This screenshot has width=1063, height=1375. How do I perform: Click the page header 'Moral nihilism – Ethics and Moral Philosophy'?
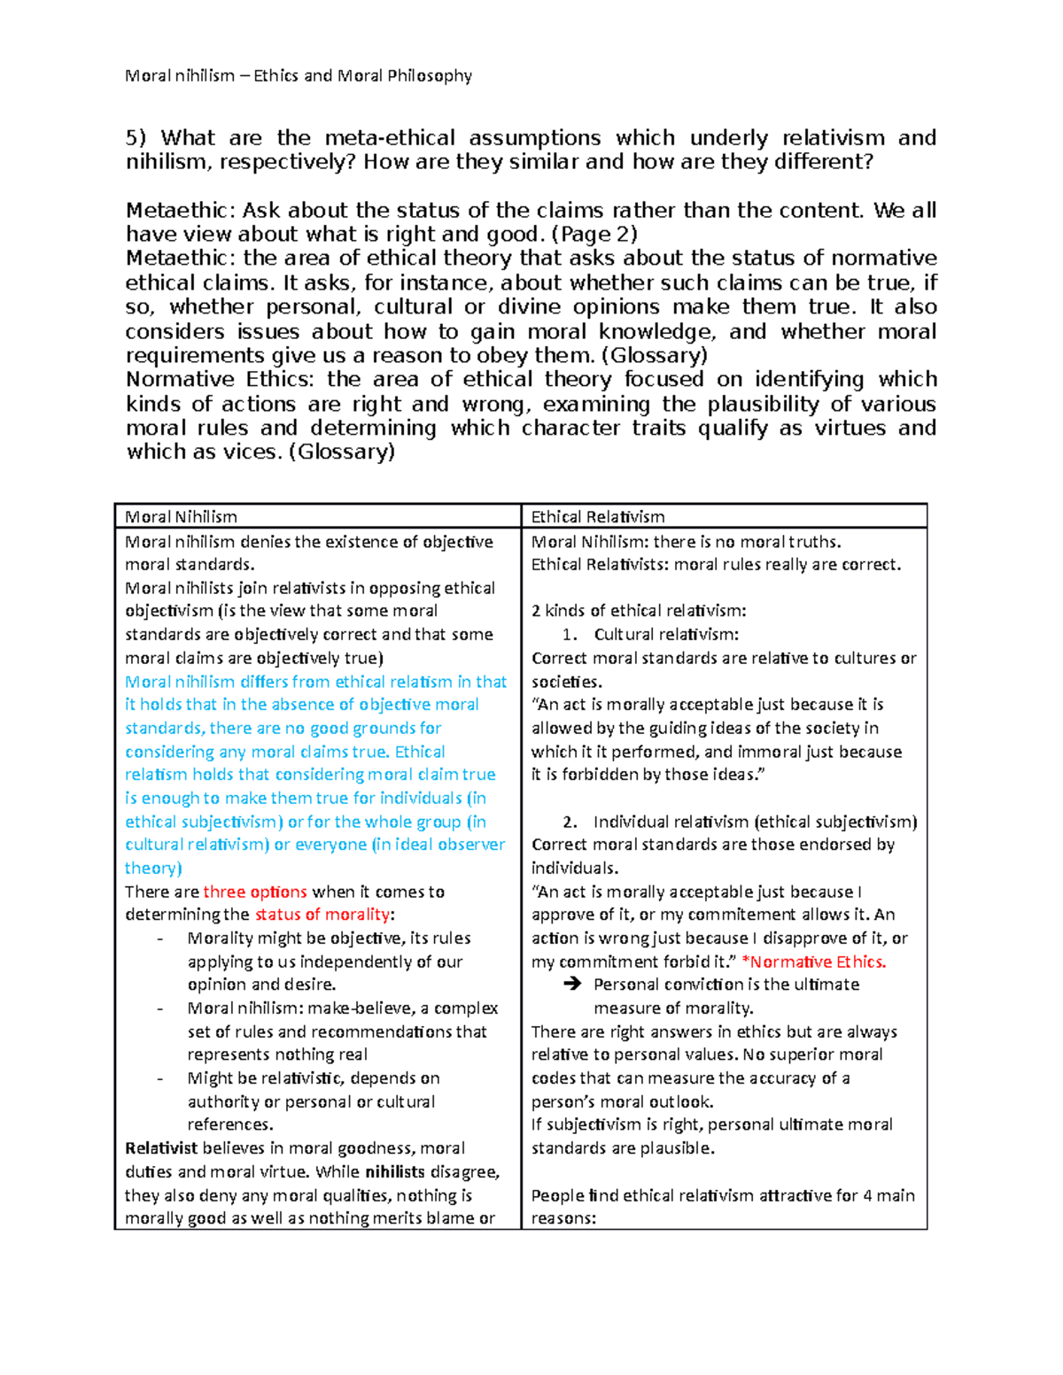tap(299, 76)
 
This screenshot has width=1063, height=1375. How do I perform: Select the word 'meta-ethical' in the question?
tap(390, 138)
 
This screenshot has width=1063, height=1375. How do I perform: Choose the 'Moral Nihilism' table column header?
tap(182, 517)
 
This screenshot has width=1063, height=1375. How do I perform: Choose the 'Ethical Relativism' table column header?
tap(598, 517)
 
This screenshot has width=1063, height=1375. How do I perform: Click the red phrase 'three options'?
tap(255, 892)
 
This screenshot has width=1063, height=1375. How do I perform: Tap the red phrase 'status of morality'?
tap(322, 915)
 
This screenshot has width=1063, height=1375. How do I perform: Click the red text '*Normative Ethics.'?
tap(814, 962)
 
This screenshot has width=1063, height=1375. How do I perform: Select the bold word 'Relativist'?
tap(161, 1148)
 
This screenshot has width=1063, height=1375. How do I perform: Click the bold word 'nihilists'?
tap(395, 1172)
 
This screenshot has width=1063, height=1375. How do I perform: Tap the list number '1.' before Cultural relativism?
tap(570, 635)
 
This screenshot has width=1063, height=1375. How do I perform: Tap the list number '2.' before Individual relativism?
tap(570, 822)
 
